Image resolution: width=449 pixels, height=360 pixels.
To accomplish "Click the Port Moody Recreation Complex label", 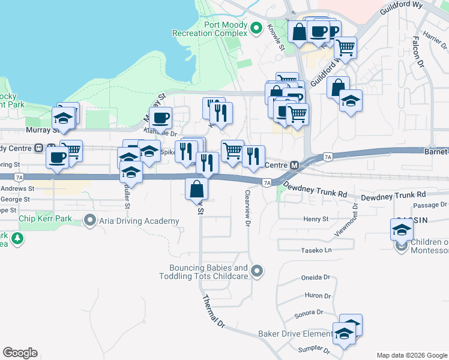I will (x=208, y=29).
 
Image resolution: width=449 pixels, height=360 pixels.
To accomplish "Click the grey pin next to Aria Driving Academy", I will (x=90, y=221).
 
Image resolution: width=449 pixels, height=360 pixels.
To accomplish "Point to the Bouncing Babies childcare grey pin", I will (x=257, y=271).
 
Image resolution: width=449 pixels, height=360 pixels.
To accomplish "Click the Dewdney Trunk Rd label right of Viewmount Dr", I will (x=393, y=195).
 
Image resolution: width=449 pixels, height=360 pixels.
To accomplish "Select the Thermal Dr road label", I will (x=213, y=312).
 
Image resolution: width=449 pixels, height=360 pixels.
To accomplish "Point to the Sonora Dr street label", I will (x=309, y=313).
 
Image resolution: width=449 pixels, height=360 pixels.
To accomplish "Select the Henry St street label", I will (x=316, y=220).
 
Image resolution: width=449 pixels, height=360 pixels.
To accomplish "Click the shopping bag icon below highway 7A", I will (x=197, y=189).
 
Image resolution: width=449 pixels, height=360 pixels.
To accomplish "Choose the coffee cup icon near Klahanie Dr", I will (x=160, y=118).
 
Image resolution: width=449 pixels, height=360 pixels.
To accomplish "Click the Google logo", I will (x=20, y=353).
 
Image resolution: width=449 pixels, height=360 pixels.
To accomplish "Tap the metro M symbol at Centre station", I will (x=295, y=165).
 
